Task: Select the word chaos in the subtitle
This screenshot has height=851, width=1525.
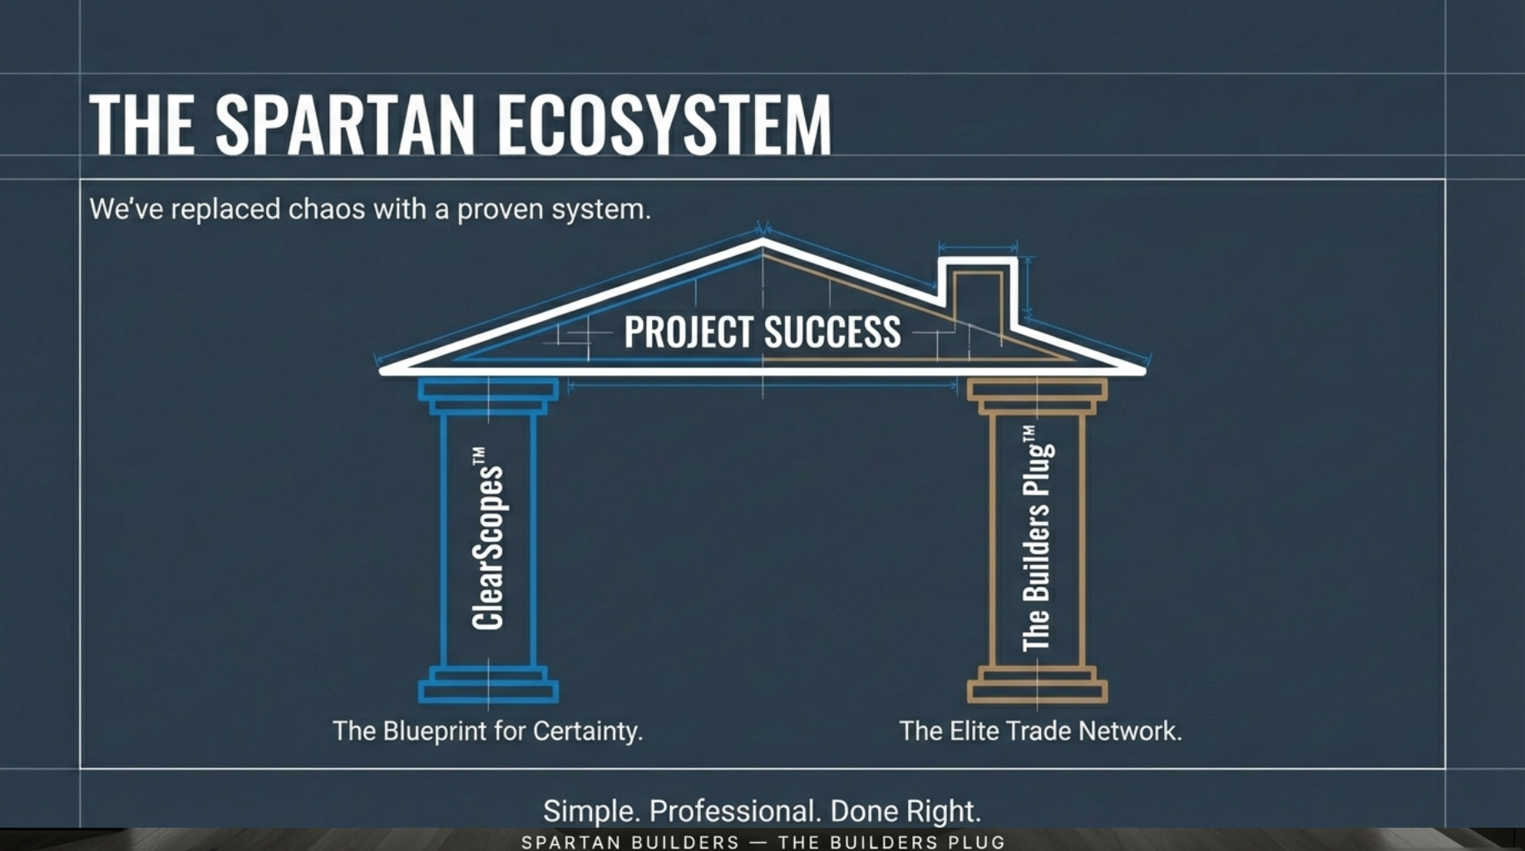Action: [327, 209]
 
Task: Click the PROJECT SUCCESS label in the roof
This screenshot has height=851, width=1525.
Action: [762, 332]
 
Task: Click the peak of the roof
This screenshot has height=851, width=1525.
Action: [762, 241]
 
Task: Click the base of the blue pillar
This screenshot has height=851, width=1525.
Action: [488, 685]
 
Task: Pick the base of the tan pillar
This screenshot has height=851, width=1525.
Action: [1037, 685]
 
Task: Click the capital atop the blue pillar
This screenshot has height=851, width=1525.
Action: [488, 396]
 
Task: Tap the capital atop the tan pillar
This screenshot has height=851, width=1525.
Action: [1037, 396]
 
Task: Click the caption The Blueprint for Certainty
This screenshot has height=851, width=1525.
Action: [488, 731]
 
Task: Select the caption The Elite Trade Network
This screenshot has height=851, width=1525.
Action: [1040, 731]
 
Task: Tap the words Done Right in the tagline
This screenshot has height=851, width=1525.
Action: [906, 810]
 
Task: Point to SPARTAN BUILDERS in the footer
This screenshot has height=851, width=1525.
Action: [630, 842]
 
